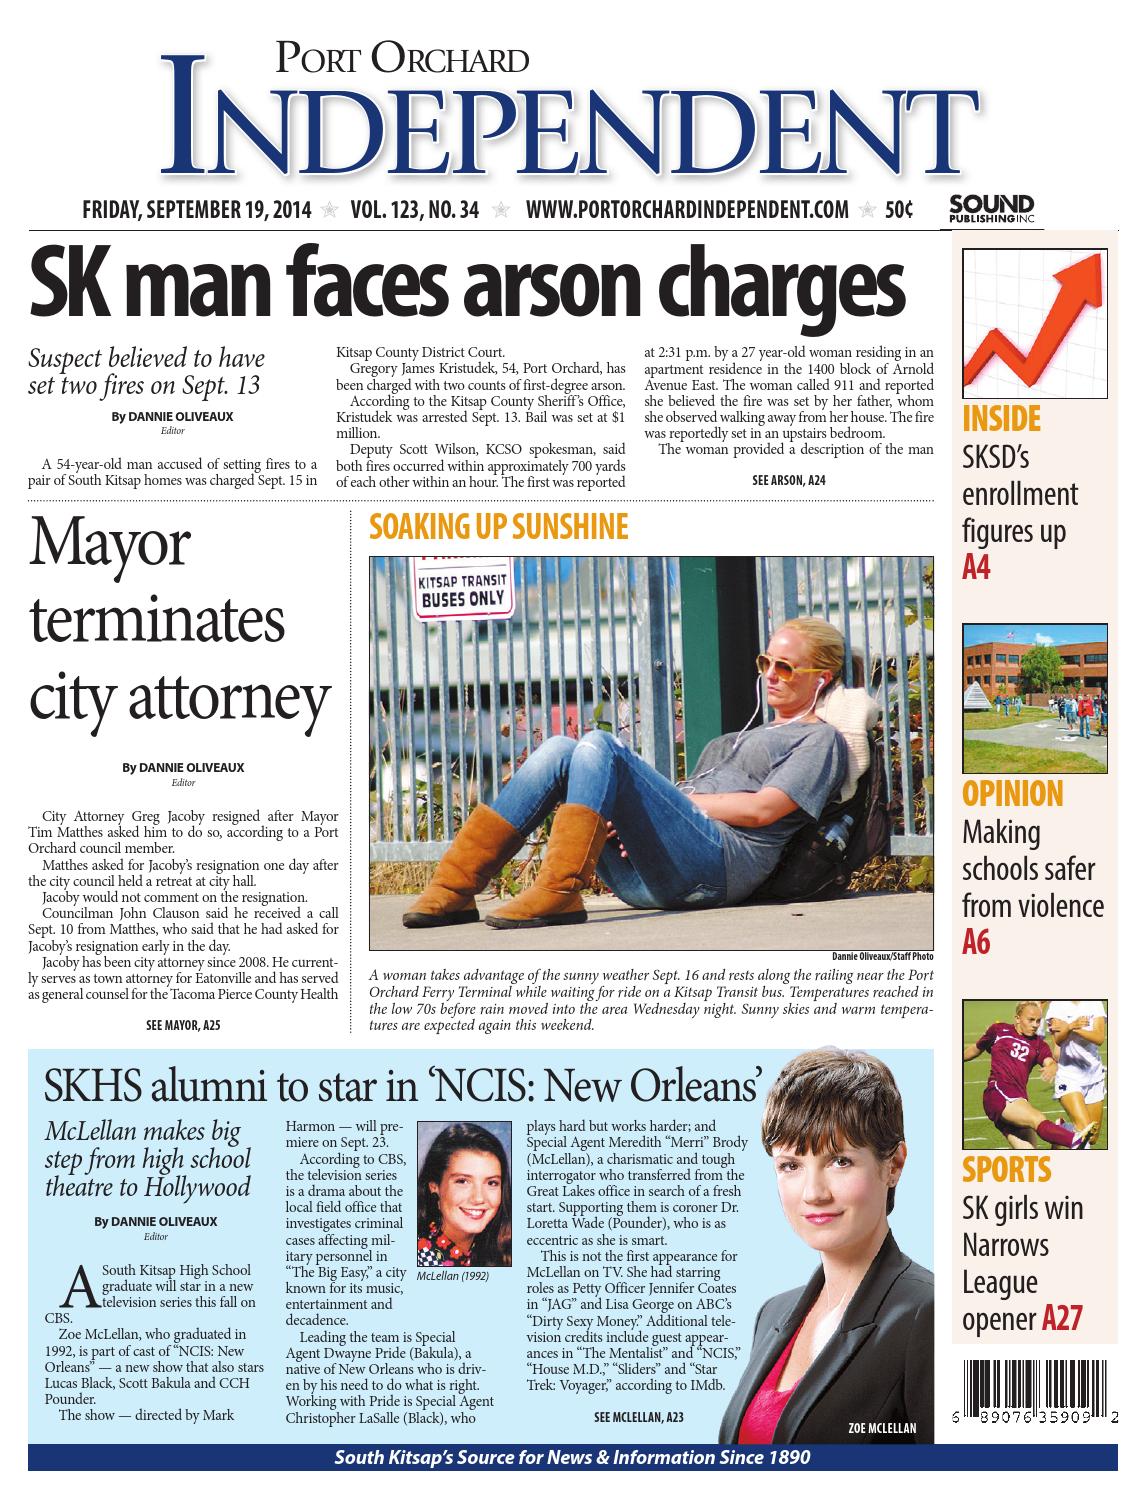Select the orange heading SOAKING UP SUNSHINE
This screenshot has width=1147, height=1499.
coord(498,527)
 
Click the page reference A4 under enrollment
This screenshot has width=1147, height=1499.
coord(976,568)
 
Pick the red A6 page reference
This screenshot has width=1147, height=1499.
coord(976,942)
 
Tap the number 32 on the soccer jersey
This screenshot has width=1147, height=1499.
coord(1019,1051)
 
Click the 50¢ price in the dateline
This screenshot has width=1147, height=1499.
coord(898,210)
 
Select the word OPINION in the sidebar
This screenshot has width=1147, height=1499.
coord(1012,794)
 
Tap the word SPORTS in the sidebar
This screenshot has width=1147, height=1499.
coord(1006,1169)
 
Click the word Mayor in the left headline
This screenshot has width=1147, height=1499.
coord(109,545)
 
